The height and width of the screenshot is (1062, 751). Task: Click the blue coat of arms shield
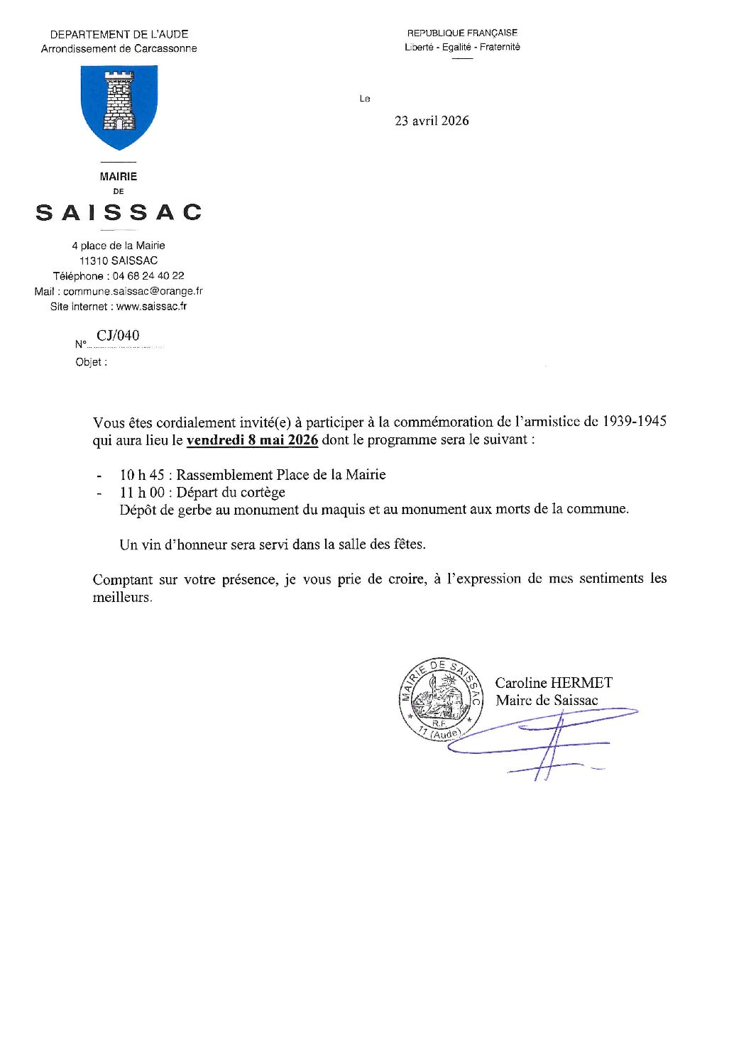[119, 106]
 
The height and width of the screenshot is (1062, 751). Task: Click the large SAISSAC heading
[119, 212]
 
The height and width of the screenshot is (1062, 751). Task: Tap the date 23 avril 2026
[432, 121]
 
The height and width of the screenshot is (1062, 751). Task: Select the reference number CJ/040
[118, 336]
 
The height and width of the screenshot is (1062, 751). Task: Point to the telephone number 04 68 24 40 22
[148, 276]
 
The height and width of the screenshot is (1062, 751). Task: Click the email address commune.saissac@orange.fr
[133, 291]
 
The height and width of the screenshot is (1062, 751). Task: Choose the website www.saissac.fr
[151, 307]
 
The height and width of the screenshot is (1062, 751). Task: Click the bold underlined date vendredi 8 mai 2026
[252, 440]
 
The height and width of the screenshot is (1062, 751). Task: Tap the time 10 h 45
[142, 475]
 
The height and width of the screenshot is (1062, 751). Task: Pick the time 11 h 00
[142, 493]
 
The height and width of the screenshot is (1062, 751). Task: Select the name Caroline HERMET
[554, 683]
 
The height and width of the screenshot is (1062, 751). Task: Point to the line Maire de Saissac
[547, 701]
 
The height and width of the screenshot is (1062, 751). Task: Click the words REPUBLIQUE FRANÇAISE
[462, 33]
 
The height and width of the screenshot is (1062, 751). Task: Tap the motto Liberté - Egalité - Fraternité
[462, 47]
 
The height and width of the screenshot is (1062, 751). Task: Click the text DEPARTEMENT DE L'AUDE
[119, 34]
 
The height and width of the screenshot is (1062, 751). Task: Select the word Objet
[89, 362]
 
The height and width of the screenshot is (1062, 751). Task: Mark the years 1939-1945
[634, 422]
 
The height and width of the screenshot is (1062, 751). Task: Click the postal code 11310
[94, 261]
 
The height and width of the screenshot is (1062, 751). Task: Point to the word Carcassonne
[165, 49]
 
